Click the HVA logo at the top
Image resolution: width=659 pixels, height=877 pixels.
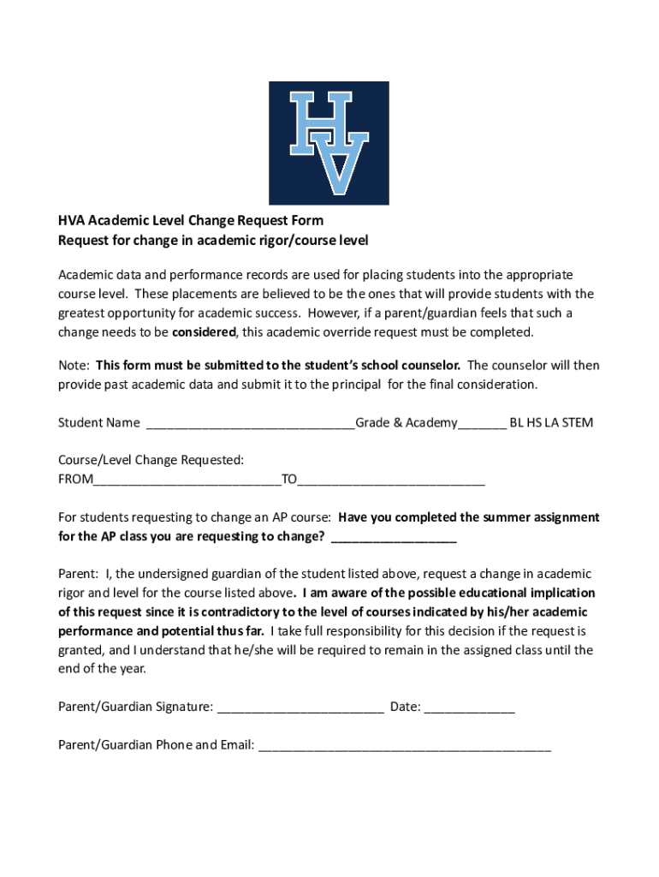[x=329, y=143]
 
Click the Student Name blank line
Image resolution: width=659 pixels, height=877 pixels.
[x=251, y=423]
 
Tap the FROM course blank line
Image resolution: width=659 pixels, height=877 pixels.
[x=187, y=480]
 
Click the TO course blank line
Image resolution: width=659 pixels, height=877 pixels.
[x=391, y=480]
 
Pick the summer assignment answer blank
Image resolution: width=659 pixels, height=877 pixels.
[x=393, y=537]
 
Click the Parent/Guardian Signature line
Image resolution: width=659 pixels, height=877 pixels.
[x=300, y=707]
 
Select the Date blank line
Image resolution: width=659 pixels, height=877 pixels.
[x=469, y=707]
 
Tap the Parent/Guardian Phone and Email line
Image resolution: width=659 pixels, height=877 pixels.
[x=405, y=745]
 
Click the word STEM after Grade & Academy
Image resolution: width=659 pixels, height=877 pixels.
[x=578, y=423]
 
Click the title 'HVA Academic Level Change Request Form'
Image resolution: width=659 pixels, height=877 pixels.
[x=190, y=221]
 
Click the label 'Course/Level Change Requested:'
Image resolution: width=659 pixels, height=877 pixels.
[x=151, y=461]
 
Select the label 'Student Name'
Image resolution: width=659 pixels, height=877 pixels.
[x=98, y=423]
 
